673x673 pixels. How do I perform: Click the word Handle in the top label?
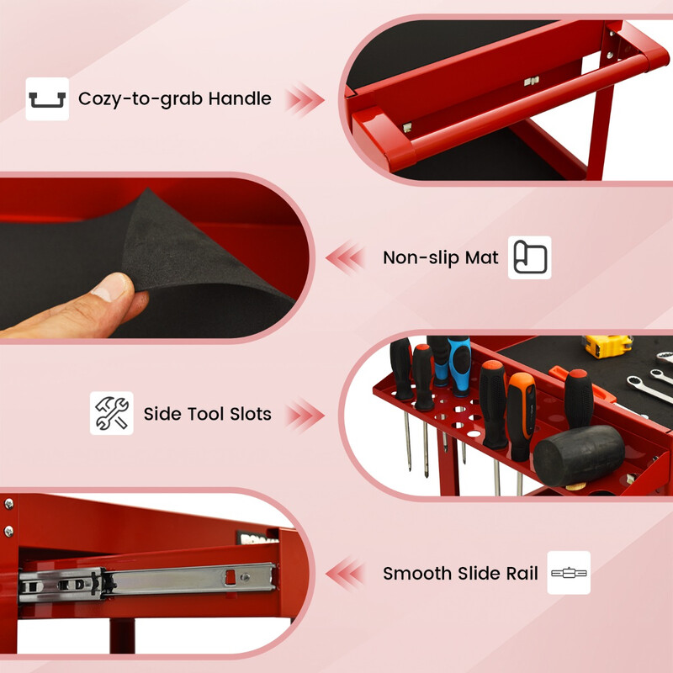240,98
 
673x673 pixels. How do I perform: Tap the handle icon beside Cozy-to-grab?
47,99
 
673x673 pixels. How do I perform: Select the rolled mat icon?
530,257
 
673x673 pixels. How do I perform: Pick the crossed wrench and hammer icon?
112,413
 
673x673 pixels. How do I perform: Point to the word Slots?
250,414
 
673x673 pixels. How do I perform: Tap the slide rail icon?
569,573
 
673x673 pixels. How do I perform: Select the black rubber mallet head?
579,455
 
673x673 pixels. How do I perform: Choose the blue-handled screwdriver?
458,366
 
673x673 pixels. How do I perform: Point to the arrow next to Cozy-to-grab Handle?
305,99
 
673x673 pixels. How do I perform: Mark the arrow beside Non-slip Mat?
345,257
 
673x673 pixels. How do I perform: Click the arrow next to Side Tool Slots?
305,415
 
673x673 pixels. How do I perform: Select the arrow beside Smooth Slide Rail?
345,574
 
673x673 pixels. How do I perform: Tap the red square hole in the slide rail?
231,576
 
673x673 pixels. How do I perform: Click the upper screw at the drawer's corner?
8,503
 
